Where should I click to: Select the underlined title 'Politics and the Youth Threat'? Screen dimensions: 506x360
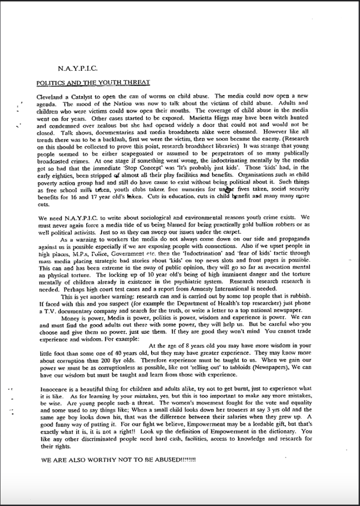pyautogui.click(x=94, y=82)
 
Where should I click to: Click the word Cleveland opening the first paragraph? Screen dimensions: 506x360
pyautogui.click(x=51, y=96)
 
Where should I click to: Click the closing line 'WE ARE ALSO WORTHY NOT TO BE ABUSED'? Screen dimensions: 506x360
pyautogui.click(x=118, y=460)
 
